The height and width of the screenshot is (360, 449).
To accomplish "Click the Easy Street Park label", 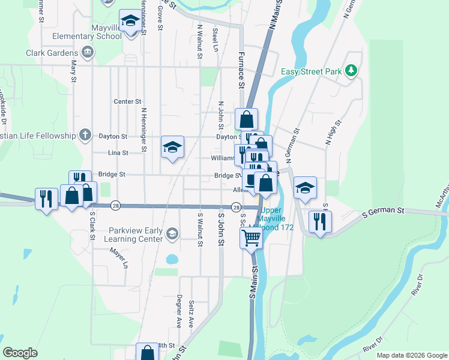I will (311, 72).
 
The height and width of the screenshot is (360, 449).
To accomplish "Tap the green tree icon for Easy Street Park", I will (352, 71).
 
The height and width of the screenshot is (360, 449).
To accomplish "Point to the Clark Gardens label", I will (53, 53).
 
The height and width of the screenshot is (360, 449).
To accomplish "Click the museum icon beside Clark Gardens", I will (88, 52).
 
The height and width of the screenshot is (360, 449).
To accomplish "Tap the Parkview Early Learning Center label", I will (136, 235).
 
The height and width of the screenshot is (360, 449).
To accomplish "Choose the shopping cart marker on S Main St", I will (252, 238).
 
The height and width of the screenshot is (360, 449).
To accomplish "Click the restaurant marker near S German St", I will (320, 221).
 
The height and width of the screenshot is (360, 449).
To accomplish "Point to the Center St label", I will (127, 102).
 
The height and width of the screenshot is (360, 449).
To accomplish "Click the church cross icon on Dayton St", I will (86, 136).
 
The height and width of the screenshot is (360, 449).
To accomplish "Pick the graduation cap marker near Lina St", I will (172, 146).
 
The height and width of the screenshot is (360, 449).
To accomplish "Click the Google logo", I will (20, 353).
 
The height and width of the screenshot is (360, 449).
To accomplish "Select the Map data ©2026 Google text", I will (411, 355).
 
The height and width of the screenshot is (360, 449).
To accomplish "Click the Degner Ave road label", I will (178, 311).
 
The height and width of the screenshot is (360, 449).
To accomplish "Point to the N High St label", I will (333, 133).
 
